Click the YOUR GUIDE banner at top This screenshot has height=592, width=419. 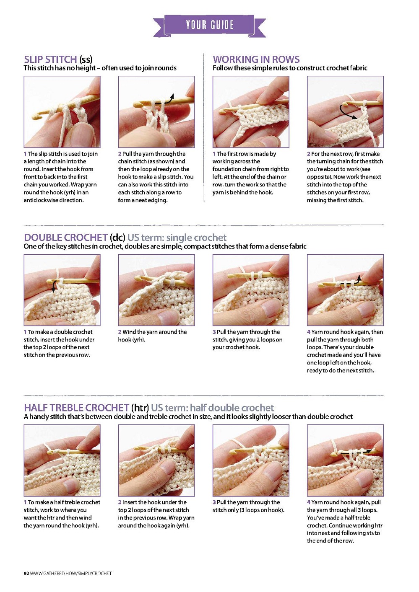[209, 26]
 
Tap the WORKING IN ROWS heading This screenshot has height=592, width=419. [256, 59]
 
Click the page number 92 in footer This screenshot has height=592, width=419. [26, 574]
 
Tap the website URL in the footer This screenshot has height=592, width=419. [71, 574]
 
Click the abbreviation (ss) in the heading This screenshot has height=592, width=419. [86, 60]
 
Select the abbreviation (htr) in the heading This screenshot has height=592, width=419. [140, 408]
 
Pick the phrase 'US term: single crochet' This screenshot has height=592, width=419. [177, 238]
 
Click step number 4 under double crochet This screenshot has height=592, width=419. [309, 332]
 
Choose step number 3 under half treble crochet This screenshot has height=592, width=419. [214, 502]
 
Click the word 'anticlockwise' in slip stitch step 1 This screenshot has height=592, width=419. [41, 200]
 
